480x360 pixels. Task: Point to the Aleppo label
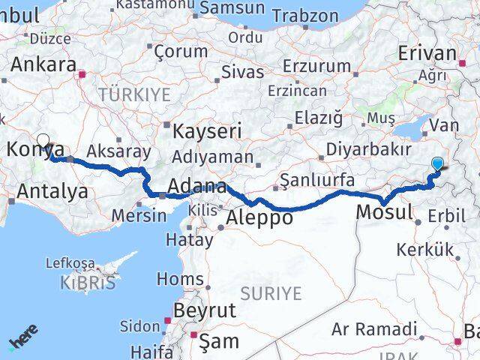coord(259,218)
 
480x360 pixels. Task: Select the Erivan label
coord(427,53)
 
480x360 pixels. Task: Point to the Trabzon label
coord(305,15)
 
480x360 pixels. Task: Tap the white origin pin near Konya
coord(43,141)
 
